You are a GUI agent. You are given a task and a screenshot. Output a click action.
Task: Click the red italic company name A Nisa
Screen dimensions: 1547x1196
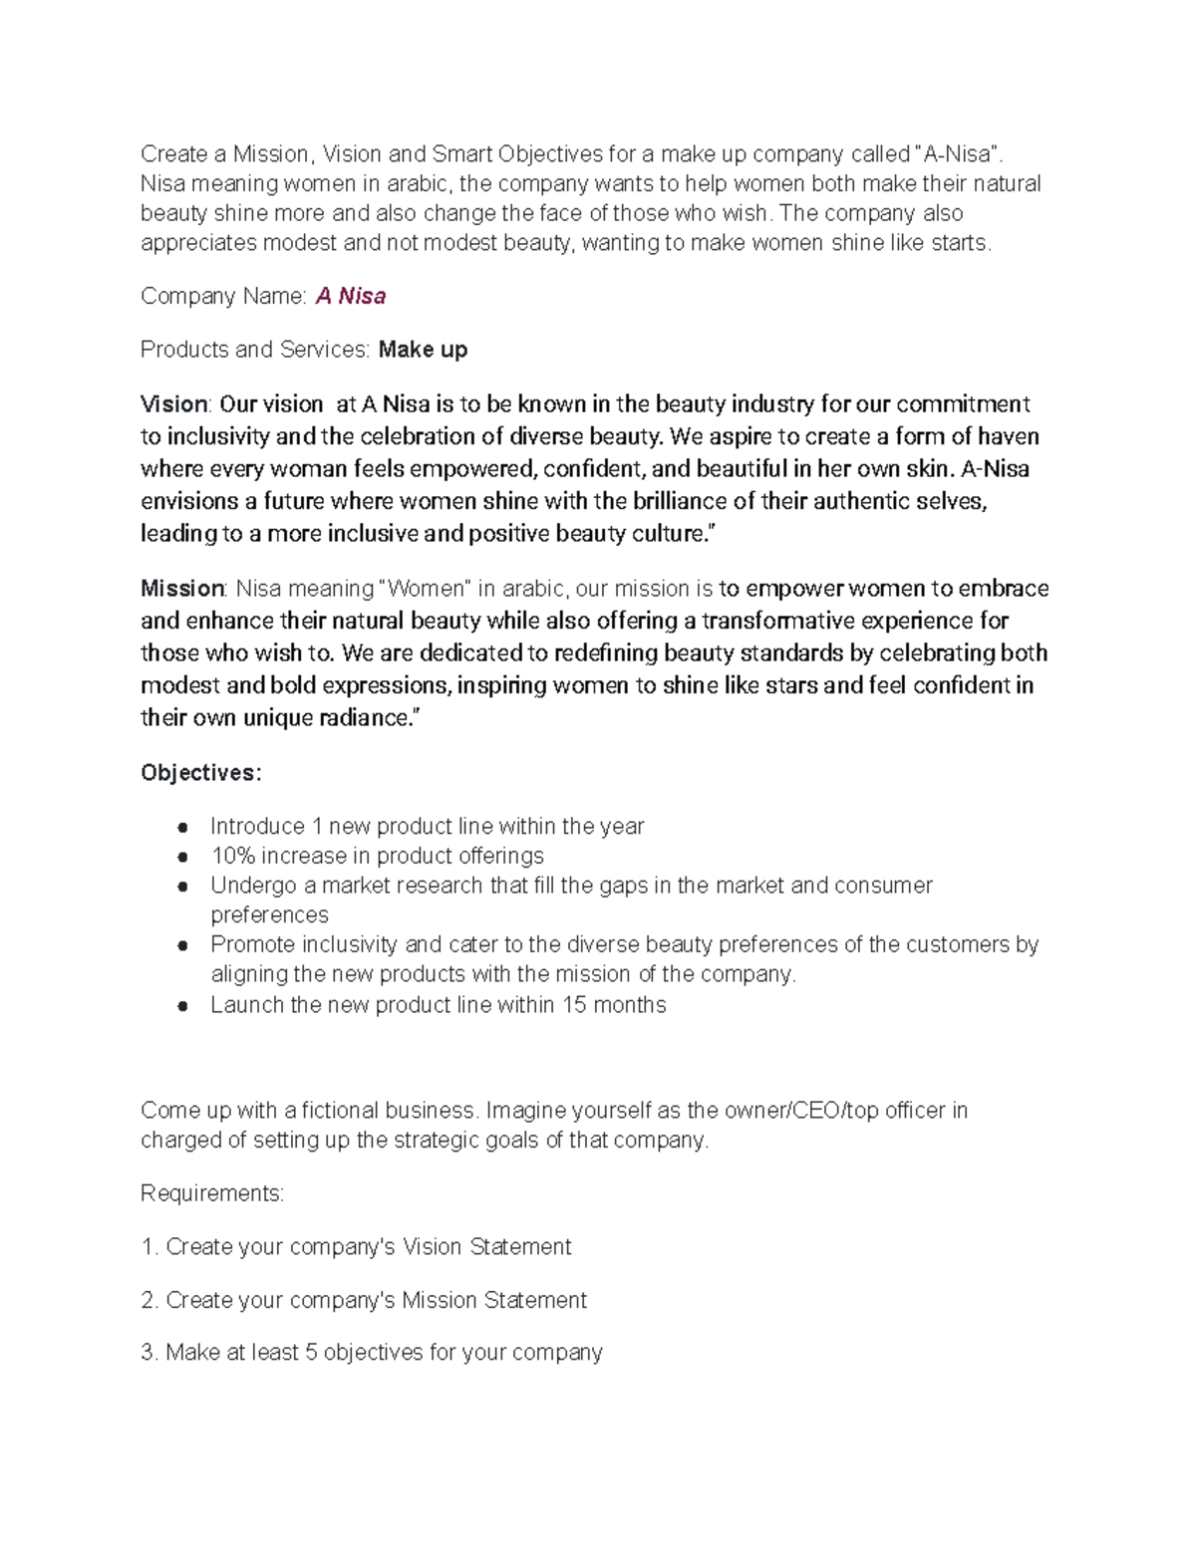351,296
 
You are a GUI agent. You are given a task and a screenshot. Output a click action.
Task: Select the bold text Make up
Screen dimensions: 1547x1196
423,350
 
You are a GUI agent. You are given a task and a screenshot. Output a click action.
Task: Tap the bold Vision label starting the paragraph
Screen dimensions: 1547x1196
173,403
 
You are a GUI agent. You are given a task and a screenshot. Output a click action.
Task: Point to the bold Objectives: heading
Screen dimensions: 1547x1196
201,773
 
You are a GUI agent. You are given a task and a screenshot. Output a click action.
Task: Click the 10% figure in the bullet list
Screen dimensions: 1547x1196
230,856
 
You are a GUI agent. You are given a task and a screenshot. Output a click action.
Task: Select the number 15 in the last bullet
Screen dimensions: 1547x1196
574,1004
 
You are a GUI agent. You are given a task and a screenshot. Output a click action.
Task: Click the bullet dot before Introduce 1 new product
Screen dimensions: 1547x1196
182,827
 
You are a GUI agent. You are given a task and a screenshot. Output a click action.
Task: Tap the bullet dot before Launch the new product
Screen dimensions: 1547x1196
182,1005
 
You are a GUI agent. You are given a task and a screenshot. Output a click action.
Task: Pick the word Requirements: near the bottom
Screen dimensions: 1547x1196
212,1193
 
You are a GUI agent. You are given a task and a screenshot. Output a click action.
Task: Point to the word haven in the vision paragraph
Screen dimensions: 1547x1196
1007,436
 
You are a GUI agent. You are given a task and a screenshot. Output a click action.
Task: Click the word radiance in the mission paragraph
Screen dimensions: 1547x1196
363,717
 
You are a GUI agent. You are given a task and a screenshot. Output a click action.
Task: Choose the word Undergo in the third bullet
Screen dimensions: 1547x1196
254,886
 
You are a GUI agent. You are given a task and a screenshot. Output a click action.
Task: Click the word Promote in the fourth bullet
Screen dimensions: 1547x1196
252,944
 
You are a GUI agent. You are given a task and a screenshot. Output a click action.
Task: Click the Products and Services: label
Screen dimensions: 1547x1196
256,350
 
